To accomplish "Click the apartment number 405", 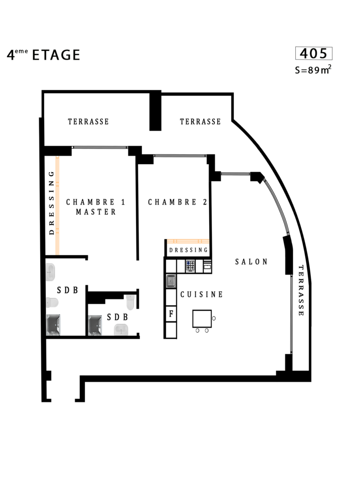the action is tap(314, 53).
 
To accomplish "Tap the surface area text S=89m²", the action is tap(313, 69).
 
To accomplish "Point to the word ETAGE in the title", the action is tap(56, 55).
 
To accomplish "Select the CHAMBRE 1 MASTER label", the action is tap(96, 207).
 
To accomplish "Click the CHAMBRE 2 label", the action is tap(178, 202).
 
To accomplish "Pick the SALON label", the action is tap(251, 262).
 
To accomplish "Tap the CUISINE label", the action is tap(202, 294).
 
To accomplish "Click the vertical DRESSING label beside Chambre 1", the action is tap(51, 203).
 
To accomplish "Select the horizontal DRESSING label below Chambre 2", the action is tap(188, 250).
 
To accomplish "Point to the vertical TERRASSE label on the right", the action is tap(301, 290).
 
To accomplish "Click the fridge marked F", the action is tap(171, 314).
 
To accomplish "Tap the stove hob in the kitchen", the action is tap(190, 266).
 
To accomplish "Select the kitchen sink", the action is tap(171, 281).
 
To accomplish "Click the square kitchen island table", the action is tap(202, 318).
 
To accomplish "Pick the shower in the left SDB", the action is tap(53, 325).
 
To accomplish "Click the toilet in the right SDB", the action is tap(130, 302).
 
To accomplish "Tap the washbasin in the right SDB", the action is tap(121, 330).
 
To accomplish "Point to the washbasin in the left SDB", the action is tap(50, 272).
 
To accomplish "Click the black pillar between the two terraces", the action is tap(155, 111).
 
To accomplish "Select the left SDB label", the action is tap(67, 290).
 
